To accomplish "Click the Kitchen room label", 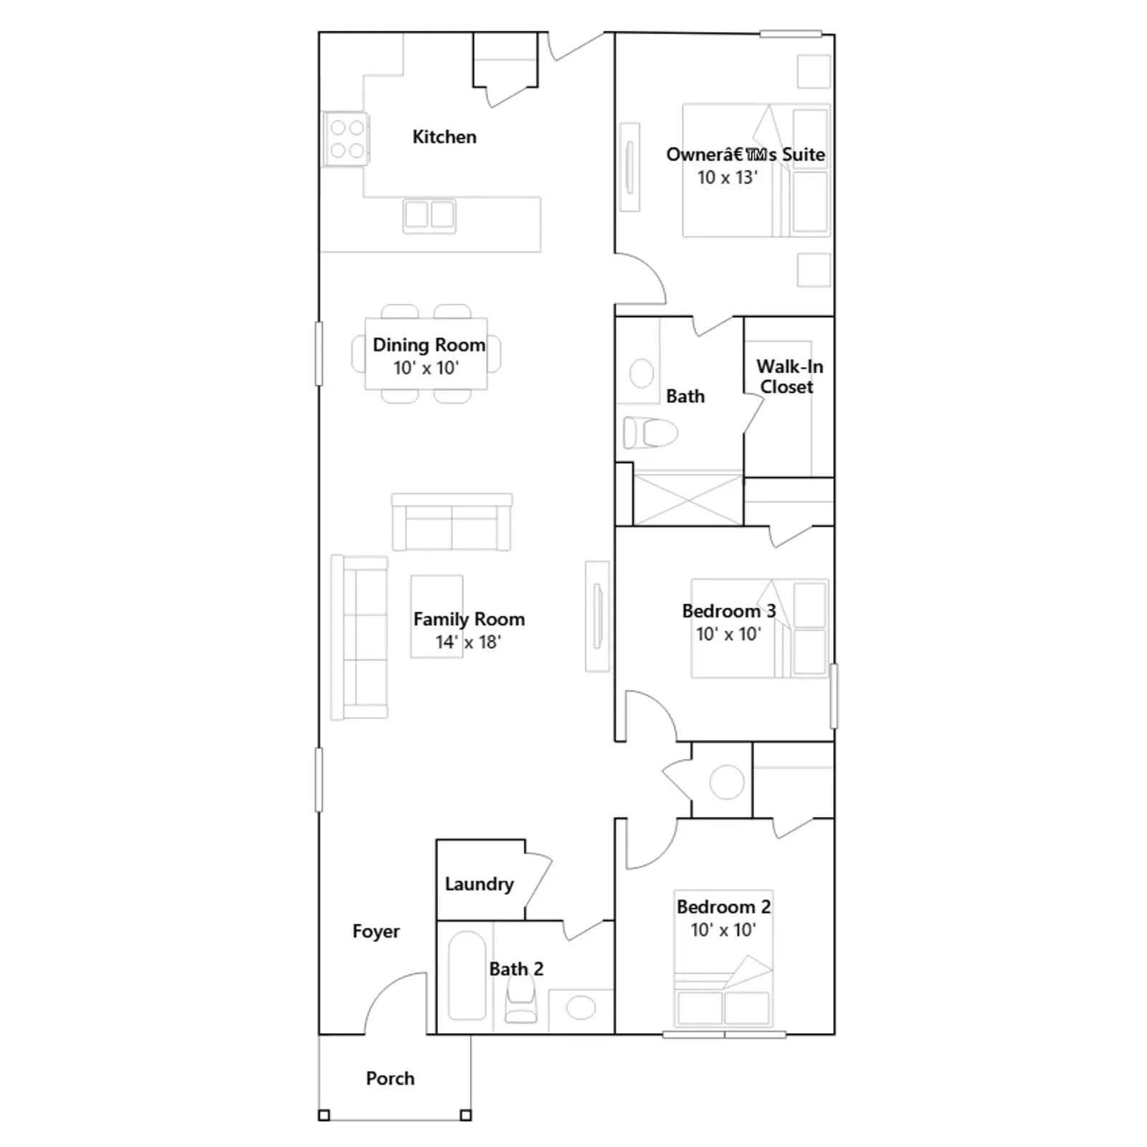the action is pos(444,137).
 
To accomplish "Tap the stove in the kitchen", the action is pos(346,139).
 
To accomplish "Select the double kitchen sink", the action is pos(429,215).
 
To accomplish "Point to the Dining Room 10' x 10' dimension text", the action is pos(426,368).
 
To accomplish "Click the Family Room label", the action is pos(469,619).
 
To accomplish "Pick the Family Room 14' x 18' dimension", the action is pos(468,642).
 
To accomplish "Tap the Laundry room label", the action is pos(479,885).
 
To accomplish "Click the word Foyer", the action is pos(376,931).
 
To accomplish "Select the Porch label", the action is pos(390,1078).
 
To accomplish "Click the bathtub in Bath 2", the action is pos(467,975).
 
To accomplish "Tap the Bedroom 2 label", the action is pos(723,907).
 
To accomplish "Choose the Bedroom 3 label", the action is pos(728,611).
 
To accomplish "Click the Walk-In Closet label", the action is pos(789,376).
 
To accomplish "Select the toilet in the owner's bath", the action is pos(650,433).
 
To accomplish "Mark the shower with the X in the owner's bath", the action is pos(688,498).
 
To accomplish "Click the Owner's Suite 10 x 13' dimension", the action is pos(728,177).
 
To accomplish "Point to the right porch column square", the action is pos(465,1115).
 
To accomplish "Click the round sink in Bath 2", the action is pos(581,1008).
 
